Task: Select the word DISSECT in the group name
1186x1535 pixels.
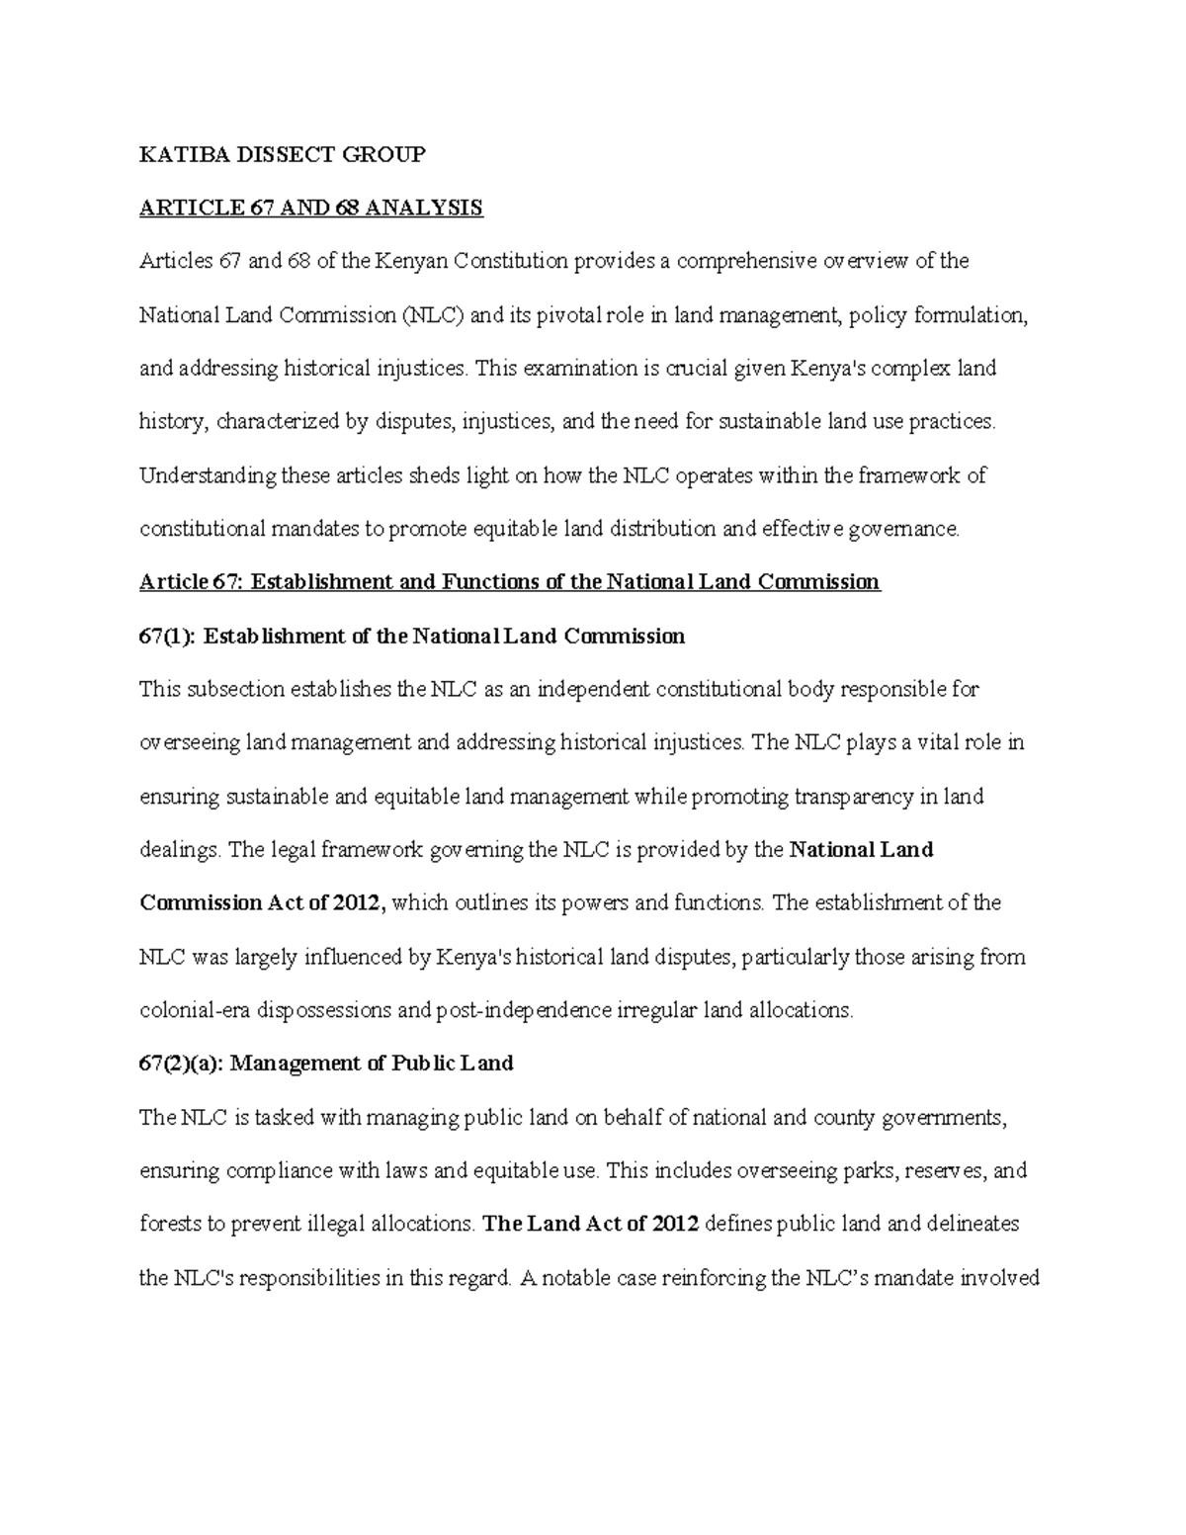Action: [x=262, y=154]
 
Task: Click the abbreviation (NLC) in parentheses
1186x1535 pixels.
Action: [x=432, y=315]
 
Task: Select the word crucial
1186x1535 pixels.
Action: [x=696, y=369]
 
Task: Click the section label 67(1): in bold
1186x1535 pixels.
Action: [x=169, y=636]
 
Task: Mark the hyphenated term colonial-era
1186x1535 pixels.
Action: [x=195, y=1010]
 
